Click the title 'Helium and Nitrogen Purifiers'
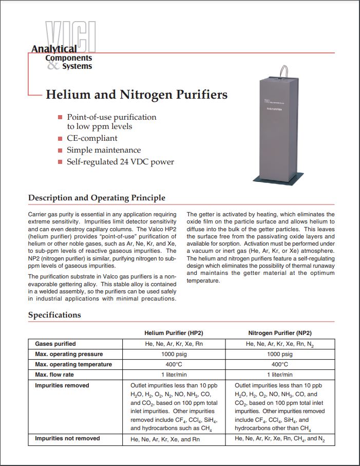(137, 95)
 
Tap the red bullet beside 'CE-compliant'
(61, 139)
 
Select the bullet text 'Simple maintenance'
(104, 150)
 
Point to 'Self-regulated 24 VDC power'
(120, 162)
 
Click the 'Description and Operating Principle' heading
(97, 198)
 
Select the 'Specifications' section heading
(54, 315)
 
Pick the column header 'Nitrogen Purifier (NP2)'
(280, 333)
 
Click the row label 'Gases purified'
(55, 344)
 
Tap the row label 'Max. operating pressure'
(69, 354)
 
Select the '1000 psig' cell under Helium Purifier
(177, 354)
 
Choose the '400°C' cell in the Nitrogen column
(280, 364)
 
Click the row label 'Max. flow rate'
(55, 375)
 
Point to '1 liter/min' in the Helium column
(177, 375)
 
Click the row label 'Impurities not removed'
(67, 438)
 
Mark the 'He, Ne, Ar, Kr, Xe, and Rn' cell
(165, 439)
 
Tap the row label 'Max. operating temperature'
(73, 364)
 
